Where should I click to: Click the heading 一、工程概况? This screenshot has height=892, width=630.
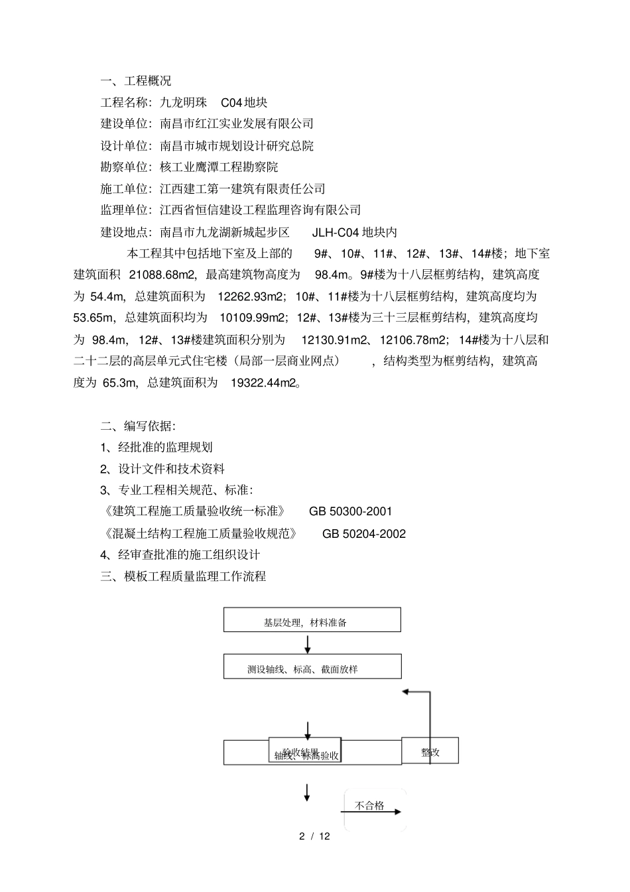tap(135, 81)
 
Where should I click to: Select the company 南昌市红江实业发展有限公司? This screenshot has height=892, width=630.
tap(237, 124)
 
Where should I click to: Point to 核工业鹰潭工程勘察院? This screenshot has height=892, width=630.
tap(219, 167)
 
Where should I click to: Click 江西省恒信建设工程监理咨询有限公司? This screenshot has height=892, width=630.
tap(260, 210)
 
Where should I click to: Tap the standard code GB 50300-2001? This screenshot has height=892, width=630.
tap(350, 511)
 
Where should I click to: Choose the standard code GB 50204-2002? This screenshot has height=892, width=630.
tap(364, 533)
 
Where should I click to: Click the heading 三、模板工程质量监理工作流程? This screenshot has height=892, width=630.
tap(183, 576)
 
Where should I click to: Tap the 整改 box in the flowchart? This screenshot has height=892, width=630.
tap(430, 752)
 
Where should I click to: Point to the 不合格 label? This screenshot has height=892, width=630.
tap(369, 806)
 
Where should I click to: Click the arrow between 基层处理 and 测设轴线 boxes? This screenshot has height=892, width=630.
tap(308, 643)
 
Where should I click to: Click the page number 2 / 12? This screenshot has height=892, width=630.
tap(314, 836)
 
